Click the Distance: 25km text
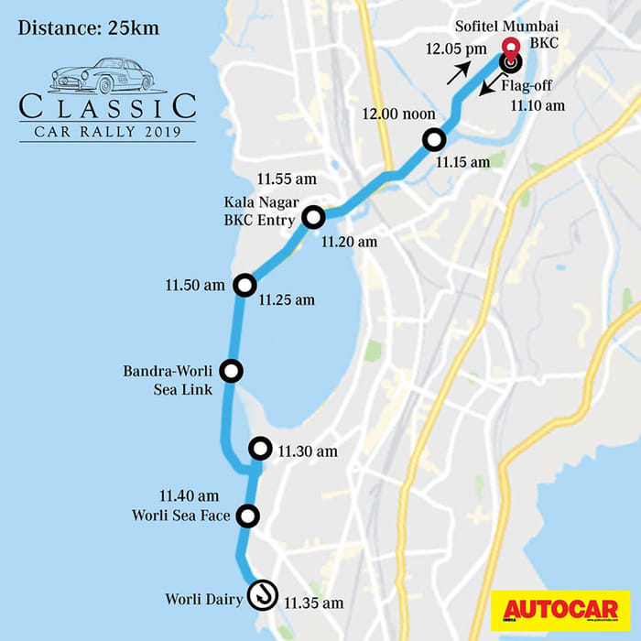pos(88,27)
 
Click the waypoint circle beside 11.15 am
pos(433,140)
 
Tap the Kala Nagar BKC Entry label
pos(259,210)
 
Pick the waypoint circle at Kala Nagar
pos(314,217)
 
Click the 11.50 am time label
pos(195,286)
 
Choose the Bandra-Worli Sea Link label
pos(168,380)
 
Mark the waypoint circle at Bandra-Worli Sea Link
pos(232,371)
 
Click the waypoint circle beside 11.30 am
pos(261,449)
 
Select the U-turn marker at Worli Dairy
pos(264,593)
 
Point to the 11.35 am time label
pos(313,603)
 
